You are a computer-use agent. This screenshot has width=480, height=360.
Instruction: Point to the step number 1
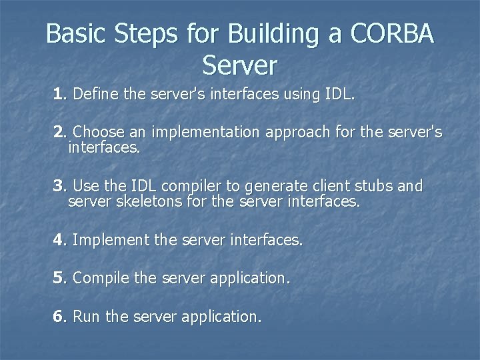[x=59, y=95]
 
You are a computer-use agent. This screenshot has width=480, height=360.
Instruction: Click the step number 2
[x=59, y=133]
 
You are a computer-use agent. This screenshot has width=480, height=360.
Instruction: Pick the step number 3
[x=59, y=185]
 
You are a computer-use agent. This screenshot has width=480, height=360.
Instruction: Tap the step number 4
[x=59, y=239]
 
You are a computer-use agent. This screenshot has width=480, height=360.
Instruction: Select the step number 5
[x=59, y=278]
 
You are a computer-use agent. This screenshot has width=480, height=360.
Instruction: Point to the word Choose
[x=97, y=133]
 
